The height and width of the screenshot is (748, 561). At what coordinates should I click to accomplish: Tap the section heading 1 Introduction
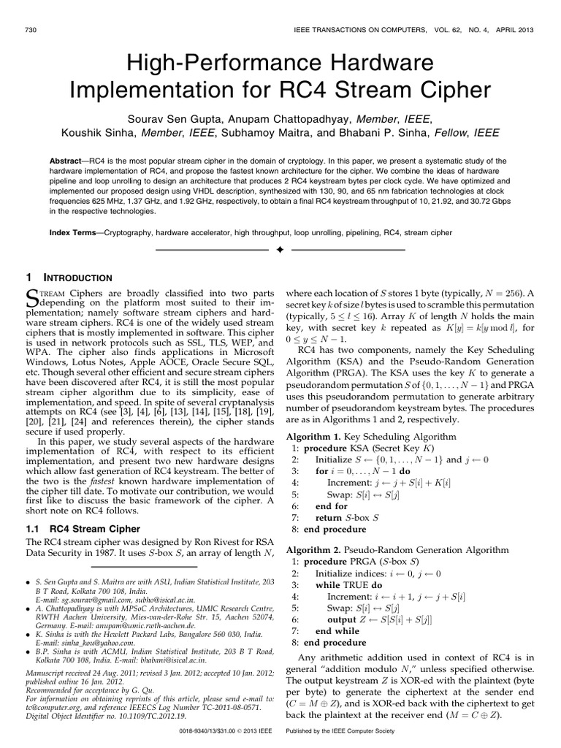click(69, 278)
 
